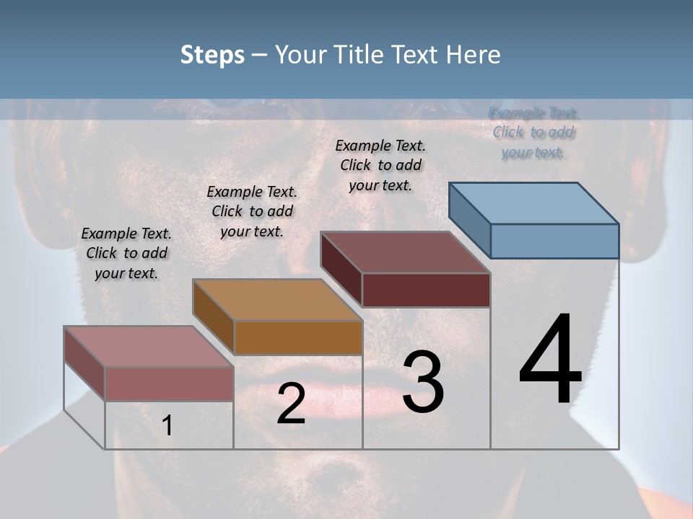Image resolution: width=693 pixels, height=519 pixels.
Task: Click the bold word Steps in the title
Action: tap(212, 55)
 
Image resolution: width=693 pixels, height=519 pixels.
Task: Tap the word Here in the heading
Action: tap(474, 55)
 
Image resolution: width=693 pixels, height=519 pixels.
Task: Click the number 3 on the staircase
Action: tap(423, 382)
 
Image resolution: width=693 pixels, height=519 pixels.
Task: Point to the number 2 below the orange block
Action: tap(291, 404)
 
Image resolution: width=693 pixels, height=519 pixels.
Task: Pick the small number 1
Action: tap(167, 426)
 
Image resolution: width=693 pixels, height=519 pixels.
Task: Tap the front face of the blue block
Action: tap(554, 241)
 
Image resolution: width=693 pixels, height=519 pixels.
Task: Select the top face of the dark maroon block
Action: tap(405, 252)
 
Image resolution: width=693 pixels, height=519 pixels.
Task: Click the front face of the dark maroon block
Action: tap(426, 290)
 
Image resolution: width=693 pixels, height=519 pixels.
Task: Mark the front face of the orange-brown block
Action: tap(297, 337)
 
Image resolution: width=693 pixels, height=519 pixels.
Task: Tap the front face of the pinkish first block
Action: tap(169, 383)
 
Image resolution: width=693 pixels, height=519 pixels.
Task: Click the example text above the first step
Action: tap(126, 253)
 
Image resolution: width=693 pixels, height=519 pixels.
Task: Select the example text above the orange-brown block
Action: tap(252, 211)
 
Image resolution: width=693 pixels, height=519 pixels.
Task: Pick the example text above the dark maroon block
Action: tap(380, 165)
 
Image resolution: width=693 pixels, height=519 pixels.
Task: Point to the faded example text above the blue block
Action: tap(533, 132)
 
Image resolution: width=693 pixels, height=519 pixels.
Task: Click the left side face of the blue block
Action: tap(469, 220)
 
